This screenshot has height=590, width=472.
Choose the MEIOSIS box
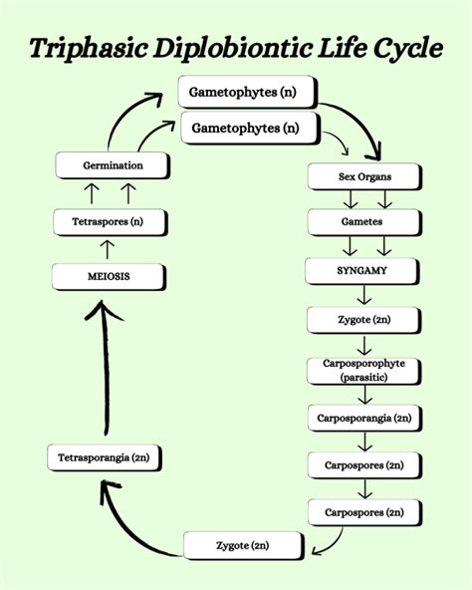(107, 275)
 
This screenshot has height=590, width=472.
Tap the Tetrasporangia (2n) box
(104, 459)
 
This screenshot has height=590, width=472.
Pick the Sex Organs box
(362, 177)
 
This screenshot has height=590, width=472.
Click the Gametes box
(362, 224)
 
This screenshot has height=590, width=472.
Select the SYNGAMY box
(362, 271)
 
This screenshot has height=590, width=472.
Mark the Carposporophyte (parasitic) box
(362, 371)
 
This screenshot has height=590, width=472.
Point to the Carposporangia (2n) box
(362, 418)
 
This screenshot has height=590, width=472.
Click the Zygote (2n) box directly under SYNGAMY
(362, 321)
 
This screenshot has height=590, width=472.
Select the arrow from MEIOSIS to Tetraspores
(108, 247)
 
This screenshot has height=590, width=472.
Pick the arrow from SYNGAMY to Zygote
(363, 296)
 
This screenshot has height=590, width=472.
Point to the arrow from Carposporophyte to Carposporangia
(363, 396)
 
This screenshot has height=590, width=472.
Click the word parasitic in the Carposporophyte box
(362, 378)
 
